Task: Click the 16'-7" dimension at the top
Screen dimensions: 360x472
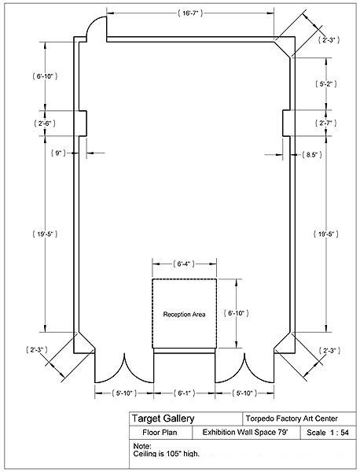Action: (190, 13)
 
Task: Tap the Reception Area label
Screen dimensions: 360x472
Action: (184, 315)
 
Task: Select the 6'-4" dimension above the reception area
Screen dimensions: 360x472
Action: (184, 264)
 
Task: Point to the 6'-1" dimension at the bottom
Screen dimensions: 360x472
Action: (185, 393)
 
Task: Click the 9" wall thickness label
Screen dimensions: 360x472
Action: (58, 153)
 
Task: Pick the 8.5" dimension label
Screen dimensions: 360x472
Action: (311, 155)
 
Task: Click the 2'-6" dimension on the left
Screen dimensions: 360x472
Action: (45, 124)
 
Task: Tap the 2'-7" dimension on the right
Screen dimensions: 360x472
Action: (325, 124)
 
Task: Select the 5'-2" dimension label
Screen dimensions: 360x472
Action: (325, 84)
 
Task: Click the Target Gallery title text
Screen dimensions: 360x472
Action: (163, 419)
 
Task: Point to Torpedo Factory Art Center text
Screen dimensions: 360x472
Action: (292, 419)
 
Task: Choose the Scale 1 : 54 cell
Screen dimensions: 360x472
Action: (328, 433)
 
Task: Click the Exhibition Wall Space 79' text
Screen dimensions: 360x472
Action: (245, 432)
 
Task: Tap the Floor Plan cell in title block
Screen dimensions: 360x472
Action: (160, 433)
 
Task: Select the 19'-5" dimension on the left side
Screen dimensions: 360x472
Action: (45, 234)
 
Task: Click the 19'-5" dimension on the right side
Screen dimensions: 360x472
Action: (325, 234)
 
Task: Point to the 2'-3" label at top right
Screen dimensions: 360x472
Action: (329, 40)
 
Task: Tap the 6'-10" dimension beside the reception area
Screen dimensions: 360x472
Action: (237, 313)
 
